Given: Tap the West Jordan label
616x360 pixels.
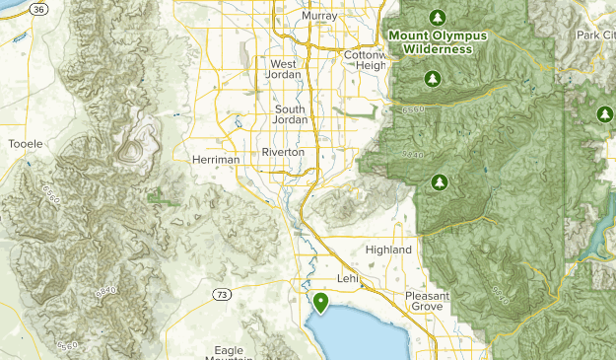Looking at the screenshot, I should coord(290,71).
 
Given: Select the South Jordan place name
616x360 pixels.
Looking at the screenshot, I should coord(291,114).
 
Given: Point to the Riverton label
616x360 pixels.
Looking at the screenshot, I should coord(283,153).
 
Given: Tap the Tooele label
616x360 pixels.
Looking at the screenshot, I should coord(25,144).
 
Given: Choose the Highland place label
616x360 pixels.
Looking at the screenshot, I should coord(388,251).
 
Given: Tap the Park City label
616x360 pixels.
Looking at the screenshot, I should coord(595,35).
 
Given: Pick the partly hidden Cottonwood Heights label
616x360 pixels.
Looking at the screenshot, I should coord(368,60).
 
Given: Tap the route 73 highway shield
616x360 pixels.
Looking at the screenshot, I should coord(223,295).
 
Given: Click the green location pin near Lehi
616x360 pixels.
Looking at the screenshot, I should coord(319,302).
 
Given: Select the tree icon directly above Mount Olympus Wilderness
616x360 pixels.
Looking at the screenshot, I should coord(437,17).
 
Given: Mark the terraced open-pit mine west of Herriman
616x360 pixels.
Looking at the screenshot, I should coord(130,151).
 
